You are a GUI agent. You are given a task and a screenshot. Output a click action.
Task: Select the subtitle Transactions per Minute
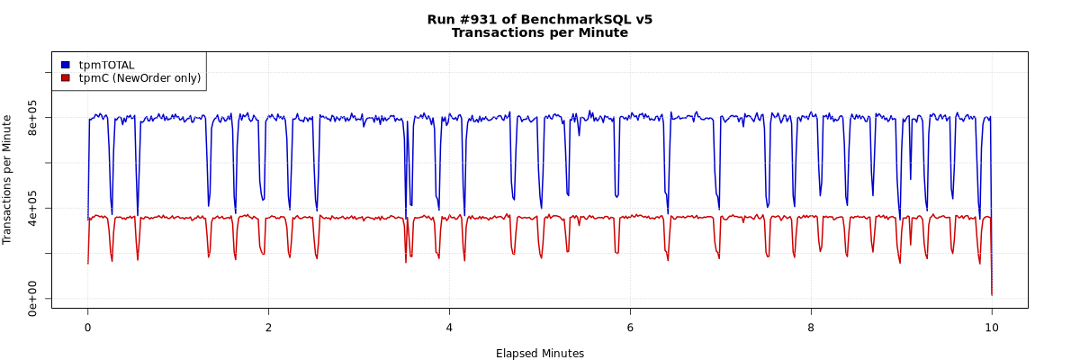point(539,33)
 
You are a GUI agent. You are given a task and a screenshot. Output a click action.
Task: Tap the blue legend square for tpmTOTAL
point(66,65)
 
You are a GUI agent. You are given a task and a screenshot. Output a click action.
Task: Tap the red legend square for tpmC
point(66,78)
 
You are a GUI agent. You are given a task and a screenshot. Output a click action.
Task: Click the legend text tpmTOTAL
point(106,65)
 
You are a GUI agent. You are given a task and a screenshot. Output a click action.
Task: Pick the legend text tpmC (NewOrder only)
point(139,78)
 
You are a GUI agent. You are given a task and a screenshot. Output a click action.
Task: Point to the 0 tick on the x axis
point(87,327)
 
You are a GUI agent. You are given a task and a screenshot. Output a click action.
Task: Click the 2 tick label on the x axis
point(268,327)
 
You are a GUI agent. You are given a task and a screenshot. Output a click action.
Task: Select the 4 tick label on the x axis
point(449,327)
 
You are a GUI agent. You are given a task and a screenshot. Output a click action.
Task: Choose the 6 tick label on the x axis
point(630,327)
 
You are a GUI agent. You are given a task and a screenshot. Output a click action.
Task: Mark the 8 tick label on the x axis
point(811,327)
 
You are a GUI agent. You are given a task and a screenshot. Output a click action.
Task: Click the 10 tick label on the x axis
point(992,327)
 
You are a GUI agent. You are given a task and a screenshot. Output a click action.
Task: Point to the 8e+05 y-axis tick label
point(32,118)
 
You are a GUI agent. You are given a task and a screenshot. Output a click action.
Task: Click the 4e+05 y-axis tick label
point(32,208)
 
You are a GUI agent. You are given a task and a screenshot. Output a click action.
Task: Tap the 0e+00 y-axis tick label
point(32,298)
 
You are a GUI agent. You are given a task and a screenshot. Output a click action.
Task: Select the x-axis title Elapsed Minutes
point(539,354)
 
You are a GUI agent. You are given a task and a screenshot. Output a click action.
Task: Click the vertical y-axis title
point(8,179)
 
